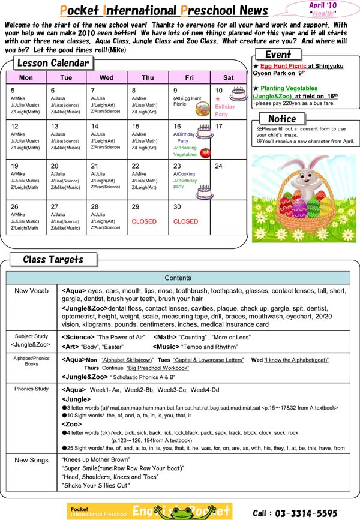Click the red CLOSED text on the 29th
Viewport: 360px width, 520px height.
pyautogui.click(x=143, y=221)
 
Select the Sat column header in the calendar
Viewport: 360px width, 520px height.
pyautogui.click(x=228, y=77)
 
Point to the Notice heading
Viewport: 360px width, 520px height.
pyautogui.click(x=282, y=119)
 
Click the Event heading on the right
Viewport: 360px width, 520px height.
pyautogui.click(x=278, y=55)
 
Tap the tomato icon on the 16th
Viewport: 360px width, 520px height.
pyautogui.click(x=205, y=152)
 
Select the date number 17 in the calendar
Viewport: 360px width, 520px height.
pyautogui.click(x=218, y=127)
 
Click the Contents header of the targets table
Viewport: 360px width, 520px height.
pyautogui.click(x=178, y=278)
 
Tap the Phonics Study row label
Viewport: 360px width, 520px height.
pyautogui.click(x=32, y=389)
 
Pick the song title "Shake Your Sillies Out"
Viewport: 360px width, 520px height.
pyautogui.click(x=95, y=485)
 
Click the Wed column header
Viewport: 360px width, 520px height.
pyautogui.click(x=106, y=77)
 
